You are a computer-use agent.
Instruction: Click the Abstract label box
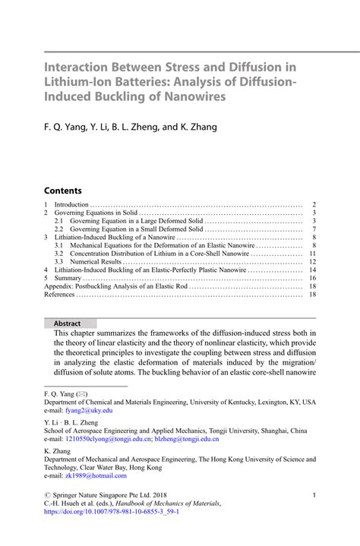pyautogui.click(x=67, y=323)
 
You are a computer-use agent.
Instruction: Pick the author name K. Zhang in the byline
pyautogui.click(x=200, y=127)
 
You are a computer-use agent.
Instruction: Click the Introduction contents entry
pyautogui.click(x=72, y=205)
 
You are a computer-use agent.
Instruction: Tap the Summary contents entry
pyautogui.click(x=68, y=279)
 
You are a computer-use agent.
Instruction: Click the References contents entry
pyautogui.click(x=60, y=295)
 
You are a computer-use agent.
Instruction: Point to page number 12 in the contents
pyautogui.click(x=312, y=261)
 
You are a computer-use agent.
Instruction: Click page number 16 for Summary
pyautogui.click(x=312, y=279)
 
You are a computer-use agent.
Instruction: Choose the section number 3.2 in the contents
pyautogui.click(x=58, y=253)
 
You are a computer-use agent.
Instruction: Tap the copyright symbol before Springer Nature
pyautogui.click(x=48, y=495)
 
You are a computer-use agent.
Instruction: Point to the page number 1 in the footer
pyautogui.click(x=314, y=495)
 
